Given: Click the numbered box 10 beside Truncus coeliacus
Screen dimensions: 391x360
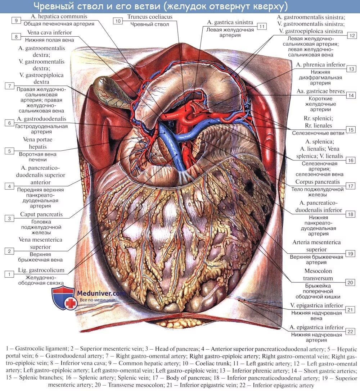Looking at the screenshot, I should pos(118,21).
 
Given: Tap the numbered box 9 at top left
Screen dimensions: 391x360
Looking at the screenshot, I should pos(17,21).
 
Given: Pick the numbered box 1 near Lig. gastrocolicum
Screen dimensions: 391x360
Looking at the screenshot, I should pos(9,274).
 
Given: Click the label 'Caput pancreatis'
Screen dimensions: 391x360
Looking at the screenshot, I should pos(41,214).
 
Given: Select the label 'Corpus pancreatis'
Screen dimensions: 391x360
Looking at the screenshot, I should pos(318,182).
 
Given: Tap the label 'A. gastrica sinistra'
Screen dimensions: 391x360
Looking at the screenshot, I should pos(230,22).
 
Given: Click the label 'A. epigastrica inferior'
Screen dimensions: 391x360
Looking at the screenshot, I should pos(316,327).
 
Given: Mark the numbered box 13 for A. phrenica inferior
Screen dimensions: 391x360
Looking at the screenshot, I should pos(351,69).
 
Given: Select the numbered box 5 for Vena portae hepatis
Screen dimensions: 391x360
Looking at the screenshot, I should pos(9,151).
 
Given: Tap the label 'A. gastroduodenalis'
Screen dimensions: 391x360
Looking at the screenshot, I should pos(41,119).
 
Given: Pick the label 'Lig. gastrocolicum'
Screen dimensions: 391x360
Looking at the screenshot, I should pos(41,270).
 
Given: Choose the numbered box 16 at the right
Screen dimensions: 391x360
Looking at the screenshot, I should pos(350,160).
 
